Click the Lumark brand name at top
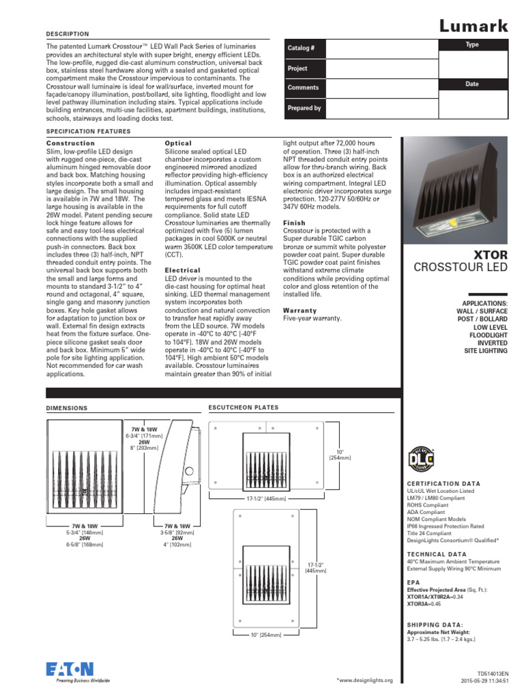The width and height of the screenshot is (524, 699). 473,26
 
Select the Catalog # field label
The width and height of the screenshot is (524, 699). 301,48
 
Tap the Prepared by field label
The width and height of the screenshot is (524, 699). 304,108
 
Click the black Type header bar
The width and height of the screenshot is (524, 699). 472,44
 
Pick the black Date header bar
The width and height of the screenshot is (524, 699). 472,84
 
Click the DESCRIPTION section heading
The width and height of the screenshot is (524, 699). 67,33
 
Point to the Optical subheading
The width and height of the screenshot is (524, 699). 178,143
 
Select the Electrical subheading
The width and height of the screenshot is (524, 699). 183,270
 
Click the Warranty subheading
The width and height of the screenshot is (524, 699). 300,310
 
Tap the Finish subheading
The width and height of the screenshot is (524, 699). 294,223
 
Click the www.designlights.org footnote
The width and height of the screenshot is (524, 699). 365,681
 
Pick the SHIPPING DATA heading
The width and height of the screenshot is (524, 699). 435,625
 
